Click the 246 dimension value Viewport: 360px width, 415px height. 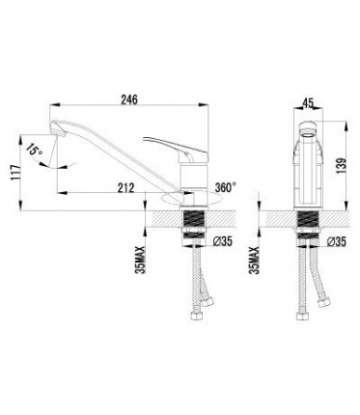pyautogui.click(x=129, y=99)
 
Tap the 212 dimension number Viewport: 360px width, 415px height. pyautogui.click(x=125, y=187)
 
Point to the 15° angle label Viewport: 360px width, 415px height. pyautogui.click(x=35, y=151)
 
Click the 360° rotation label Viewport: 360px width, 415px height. pyautogui.click(x=226, y=187)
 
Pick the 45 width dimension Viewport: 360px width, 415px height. pyautogui.click(x=308, y=103)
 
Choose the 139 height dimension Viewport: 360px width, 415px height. pyautogui.click(x=342, y=166)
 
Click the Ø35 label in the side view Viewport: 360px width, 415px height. pyautogui.click(x=223, y=241)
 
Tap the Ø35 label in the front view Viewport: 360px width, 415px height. pyautogui.click(x=337, y=241)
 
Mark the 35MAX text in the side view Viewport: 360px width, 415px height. pyautogui.click(x=141, y=260)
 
